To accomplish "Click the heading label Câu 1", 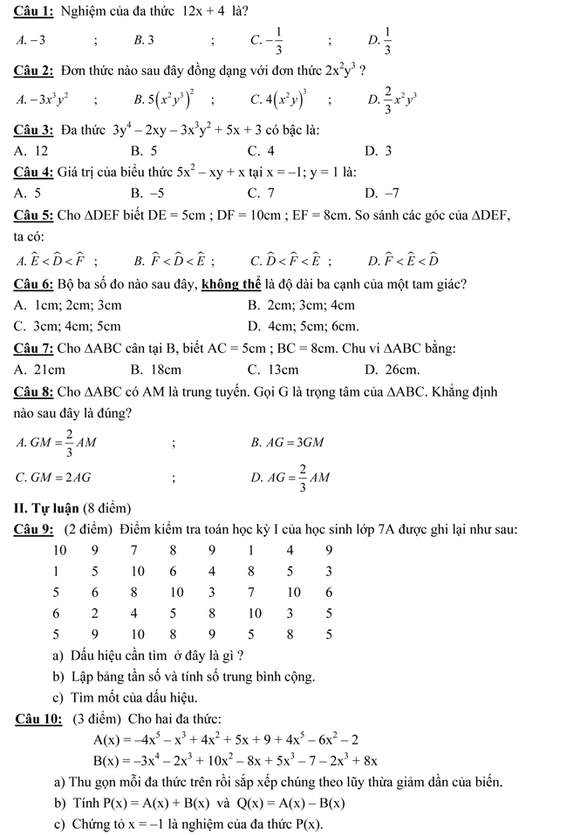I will point(33,11).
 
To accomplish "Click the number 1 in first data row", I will point(250,550).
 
